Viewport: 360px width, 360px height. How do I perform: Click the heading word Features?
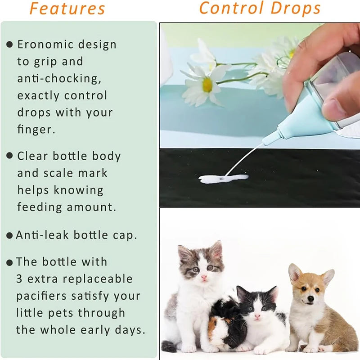point(67,9)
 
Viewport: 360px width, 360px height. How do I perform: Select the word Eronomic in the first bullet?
point(44,45)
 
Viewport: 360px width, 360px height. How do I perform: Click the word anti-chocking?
point(59,78)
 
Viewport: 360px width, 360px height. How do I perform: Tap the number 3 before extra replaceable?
point(19,279)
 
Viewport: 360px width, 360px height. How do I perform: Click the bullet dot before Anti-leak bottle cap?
point(9,236)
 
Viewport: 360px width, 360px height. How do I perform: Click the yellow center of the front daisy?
point(207,85)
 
